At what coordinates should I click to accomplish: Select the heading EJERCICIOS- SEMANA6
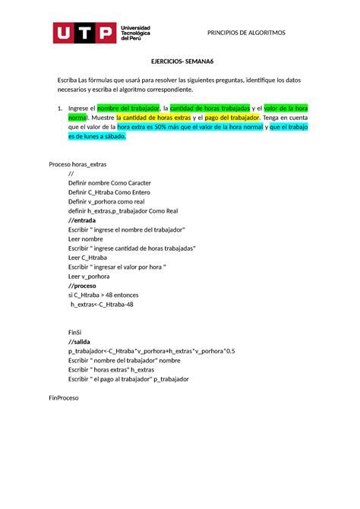click(180, 67)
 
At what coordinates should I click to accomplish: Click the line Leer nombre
click(85, 239)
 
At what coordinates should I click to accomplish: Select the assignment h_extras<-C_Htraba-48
click(101, 304)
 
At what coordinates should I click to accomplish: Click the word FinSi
click(74, 332)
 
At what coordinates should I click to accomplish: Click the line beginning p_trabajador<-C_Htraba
click(152, 351)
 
